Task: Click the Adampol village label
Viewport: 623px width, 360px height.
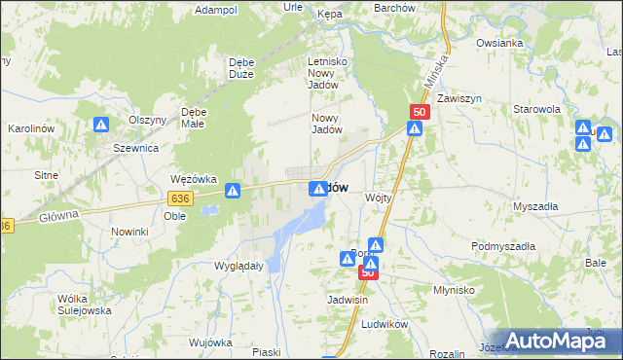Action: [x=216, y=10]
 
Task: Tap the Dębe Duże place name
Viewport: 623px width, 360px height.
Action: [x=240, y=68]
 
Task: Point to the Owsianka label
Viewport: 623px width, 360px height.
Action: [x=500, y=43]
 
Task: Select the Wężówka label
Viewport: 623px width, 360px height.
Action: [x=191, y=179]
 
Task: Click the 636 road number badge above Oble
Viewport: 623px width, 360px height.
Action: [x=178, y=198]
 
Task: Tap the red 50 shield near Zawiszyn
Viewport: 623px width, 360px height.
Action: [x=420, y=113]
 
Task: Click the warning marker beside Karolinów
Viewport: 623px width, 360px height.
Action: [x=101, y=125]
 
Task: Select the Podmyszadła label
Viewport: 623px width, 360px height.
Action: [x=503, y=247]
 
